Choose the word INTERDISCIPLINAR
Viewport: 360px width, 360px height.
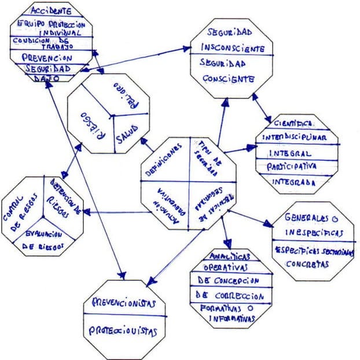[x=295, y=138]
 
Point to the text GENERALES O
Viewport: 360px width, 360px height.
[x=311, y=219]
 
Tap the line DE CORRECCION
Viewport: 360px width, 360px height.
[x=230, y=296]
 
